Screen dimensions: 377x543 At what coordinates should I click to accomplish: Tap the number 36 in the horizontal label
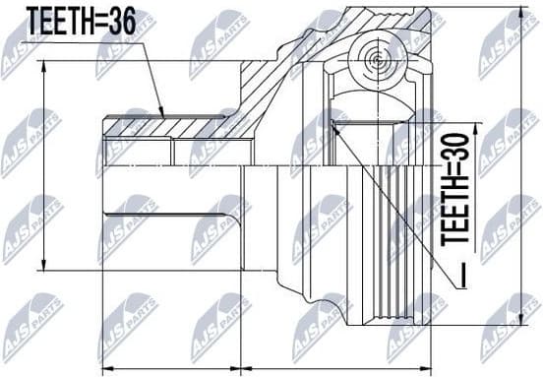pos(142,19)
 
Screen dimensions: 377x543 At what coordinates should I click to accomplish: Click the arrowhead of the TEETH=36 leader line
pos(163,116)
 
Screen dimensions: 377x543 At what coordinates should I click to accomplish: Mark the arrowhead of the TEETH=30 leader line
pos(334,122)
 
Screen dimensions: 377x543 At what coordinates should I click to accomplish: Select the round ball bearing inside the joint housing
pos(378,60)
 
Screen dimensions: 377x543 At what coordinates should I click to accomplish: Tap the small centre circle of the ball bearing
pos(378,60)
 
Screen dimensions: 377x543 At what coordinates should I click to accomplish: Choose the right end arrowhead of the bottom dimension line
pos(429,366)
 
